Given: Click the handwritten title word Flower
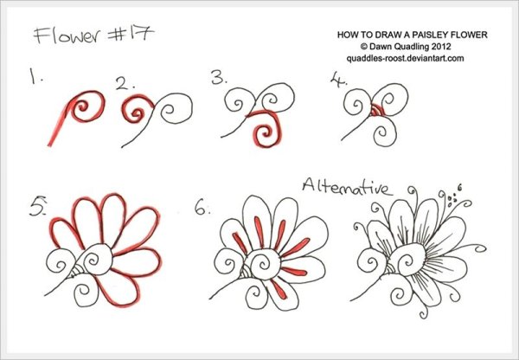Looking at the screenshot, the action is point(67,35).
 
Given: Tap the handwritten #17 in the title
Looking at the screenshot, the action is point(131,34).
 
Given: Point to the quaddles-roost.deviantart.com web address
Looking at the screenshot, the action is point(405,59).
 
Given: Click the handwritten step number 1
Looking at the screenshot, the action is point(35,76).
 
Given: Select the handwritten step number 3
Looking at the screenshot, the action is point(219,78).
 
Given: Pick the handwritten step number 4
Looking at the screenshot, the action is point(338,80).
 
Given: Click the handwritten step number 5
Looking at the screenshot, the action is point(38,208).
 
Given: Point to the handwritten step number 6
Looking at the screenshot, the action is point(202,209).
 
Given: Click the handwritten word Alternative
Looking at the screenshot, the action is point(347,186).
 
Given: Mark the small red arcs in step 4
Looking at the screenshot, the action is point(375,110).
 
